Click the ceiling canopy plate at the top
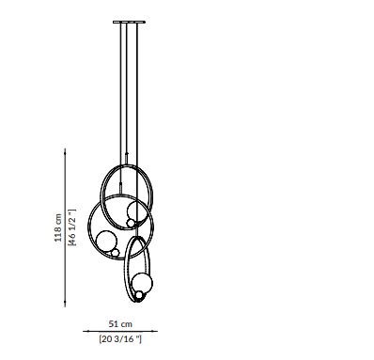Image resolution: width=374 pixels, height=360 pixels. (129, 22)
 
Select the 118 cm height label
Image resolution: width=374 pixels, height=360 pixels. (58, 227)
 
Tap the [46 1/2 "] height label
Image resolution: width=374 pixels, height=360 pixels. (72, 227)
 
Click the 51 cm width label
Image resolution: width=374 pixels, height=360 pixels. (120, 324)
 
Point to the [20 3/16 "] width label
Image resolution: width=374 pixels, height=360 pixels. (120, 339)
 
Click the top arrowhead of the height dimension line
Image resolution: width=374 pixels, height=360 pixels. (65, 150)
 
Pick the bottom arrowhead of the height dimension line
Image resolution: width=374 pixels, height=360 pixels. (65, 305)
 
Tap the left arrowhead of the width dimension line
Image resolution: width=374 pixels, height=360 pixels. (86, 331)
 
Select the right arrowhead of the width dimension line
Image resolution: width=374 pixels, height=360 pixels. (155, 331)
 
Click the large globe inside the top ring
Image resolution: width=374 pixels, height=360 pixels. (136, 211)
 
